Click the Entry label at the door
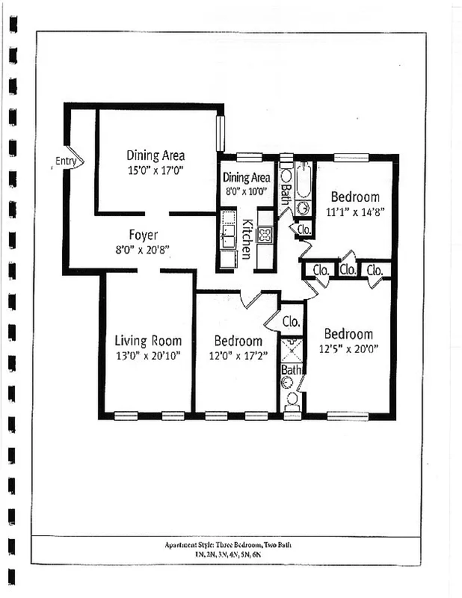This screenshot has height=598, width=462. click(65, 161)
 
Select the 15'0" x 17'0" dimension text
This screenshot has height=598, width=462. click(155, 170)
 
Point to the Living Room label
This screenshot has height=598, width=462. click(147, 341)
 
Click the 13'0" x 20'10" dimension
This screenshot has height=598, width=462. click(147, 356)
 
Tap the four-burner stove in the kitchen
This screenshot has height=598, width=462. click(265, 235)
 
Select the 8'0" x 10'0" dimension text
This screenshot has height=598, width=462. click(246, 191)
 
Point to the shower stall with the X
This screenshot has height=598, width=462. click(292, 350)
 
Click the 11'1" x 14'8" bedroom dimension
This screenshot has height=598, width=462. click(355, 212)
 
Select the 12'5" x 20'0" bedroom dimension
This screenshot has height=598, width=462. click(348, 348)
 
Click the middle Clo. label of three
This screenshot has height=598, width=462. click(348, 269)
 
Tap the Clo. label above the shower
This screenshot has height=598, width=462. click(291, 322)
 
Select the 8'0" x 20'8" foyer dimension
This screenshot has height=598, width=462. click(143, 249)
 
